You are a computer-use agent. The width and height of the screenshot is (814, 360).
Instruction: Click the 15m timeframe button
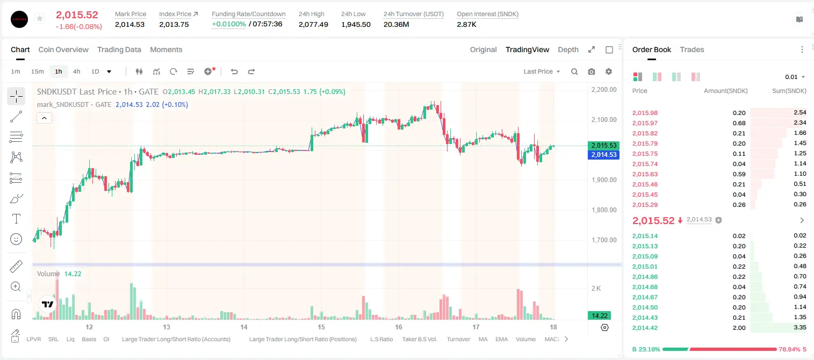38,71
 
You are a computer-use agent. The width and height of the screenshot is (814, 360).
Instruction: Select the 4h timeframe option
76,71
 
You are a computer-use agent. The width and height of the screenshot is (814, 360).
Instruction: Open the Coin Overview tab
63,49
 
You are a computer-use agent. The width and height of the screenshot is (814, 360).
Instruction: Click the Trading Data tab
119,49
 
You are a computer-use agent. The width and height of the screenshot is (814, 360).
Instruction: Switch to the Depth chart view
568,49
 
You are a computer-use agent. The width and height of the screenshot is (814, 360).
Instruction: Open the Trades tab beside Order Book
692,49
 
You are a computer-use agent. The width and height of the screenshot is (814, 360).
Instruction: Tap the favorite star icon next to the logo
40,18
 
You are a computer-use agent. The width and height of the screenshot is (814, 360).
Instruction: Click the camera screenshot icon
592,71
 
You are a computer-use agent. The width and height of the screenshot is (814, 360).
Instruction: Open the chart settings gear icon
609,71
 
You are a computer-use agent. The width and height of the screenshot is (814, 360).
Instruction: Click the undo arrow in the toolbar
234,71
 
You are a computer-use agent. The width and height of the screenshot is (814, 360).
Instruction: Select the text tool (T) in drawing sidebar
16,219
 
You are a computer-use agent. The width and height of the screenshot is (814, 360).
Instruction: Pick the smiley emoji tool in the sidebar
16,239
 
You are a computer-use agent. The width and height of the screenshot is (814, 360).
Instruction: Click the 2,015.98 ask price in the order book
645,113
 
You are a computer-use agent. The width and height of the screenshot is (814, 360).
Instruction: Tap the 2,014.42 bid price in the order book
645,328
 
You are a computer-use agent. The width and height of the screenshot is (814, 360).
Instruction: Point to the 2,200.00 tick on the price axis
604,89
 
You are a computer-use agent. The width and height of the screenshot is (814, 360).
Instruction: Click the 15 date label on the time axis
321,327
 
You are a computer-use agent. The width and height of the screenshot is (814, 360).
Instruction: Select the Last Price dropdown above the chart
542,71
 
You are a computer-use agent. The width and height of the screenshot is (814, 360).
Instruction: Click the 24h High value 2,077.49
313,24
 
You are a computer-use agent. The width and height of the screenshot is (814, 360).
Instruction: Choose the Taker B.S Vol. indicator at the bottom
420,339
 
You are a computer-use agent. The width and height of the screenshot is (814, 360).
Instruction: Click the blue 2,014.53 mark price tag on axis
603,155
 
